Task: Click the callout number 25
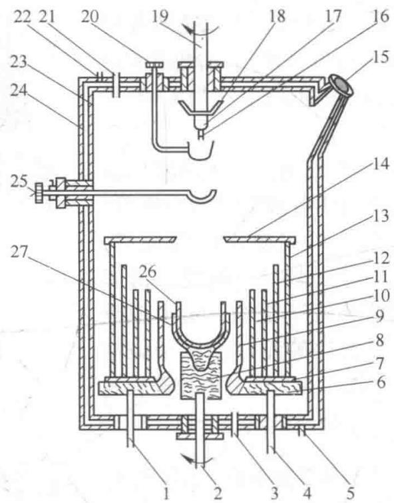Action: pyautogui.click(x=19, y=182)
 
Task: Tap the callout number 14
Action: pyautogui.click(x=381, y=165)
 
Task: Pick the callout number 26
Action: pyautogui.click(x=148, y=272)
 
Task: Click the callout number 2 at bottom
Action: pyautogui.click(x=218, y=494)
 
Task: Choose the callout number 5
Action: pyautogui.click(x=350, y=494)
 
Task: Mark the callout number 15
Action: pyautogui.click(x=381, y=57)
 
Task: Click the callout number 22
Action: pyautogui.click(x=22, y=17)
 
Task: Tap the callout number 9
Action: pyautogui.click(x=379, y=316)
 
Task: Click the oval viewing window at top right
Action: pyautogui.click(x=341, y=85)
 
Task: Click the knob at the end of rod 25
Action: pyautogui.click(x=39, y=193)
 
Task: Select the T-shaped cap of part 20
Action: pyautogui.click(x=155, y=65)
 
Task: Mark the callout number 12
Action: pyautogui.click(x=381, y=258)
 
